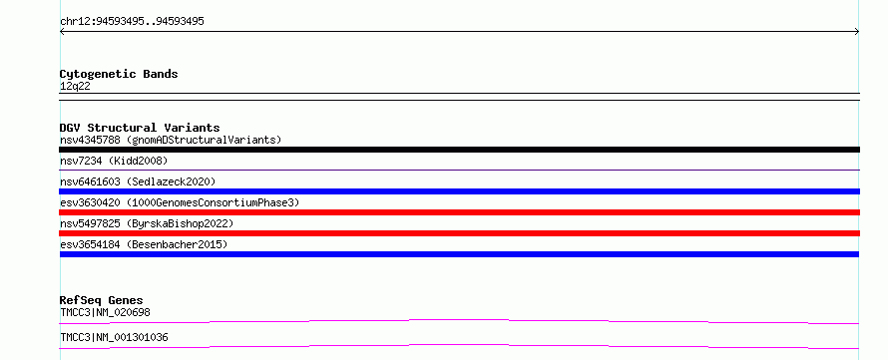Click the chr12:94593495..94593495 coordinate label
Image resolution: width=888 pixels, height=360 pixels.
tap(132, 22)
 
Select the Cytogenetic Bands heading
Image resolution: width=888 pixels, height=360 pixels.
tap(119, 74)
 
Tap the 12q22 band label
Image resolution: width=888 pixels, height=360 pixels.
tap(75, 87)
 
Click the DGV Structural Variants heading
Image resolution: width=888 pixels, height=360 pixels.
tap(140, 128)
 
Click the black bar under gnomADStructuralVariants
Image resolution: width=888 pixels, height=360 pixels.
tap(459, 150)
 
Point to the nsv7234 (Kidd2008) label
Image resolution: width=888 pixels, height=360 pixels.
tap(114, 161)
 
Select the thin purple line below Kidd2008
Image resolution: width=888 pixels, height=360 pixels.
tap(459, 170)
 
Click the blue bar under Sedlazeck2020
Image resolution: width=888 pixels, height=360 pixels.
tap(459, 191)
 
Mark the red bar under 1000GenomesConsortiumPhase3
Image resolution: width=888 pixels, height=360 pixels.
tap(459, 212)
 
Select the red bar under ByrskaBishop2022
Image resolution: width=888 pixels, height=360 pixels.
tap(459, 233)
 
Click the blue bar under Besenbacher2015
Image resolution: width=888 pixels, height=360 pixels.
tap(459, 254)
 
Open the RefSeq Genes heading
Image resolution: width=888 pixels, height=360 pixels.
tap(102, 300)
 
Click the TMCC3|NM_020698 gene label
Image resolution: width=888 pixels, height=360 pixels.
tap(106, 312)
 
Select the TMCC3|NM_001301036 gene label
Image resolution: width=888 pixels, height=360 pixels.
tap(114, 338)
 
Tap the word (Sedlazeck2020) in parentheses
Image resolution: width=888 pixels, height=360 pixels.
tap(171, 181)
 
